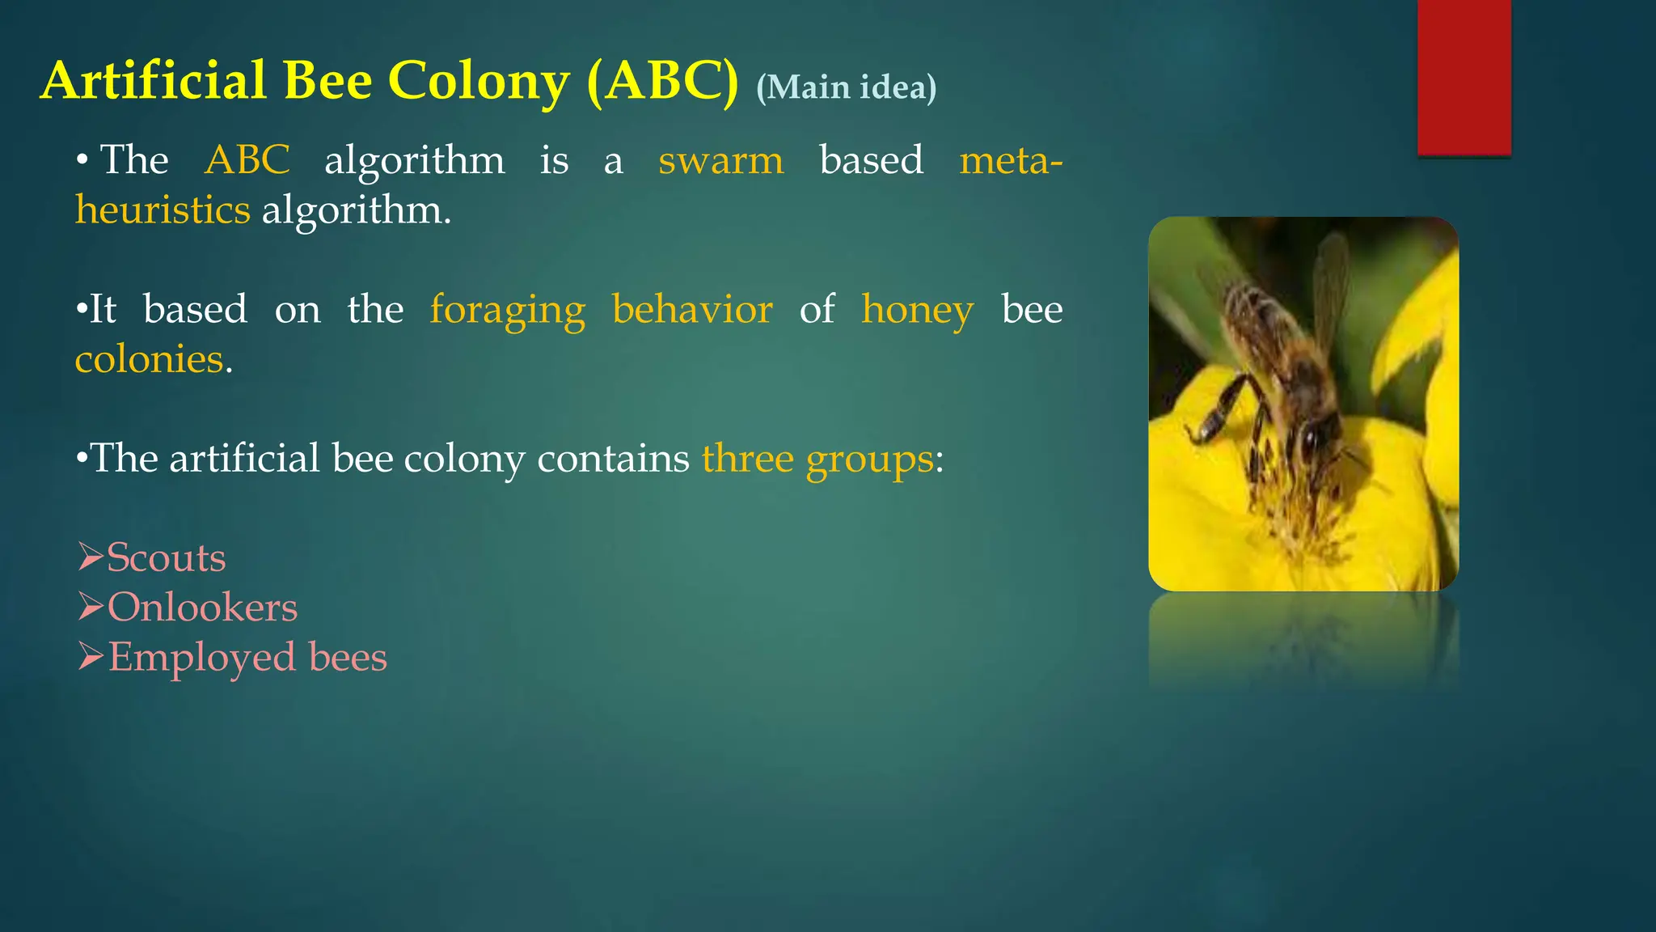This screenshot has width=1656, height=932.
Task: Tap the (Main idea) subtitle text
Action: click(846, 87)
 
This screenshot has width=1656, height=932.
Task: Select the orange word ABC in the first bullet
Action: click(247, 159)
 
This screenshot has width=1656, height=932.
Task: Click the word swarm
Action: click(720, 160)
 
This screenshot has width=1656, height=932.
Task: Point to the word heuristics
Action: click(163, 210)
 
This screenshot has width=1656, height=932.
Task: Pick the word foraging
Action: click(507, 310)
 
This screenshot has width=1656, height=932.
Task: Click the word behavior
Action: click(692, 309)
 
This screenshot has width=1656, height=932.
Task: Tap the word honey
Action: click(917, 310)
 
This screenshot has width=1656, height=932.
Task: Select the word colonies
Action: click(149, 359)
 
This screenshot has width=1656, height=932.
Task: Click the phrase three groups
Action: click(817, 459)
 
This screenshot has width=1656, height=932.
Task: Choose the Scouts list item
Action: click(166, 557)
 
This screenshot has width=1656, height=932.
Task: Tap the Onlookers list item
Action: click(202, 607)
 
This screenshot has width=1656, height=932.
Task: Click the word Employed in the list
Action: click(202, 657)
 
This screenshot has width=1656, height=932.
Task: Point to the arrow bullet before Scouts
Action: click(90, 557)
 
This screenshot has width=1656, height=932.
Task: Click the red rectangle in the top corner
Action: click(1464, 77)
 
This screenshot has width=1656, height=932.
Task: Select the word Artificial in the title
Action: click(154, 82)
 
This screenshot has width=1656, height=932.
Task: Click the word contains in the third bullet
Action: click(613, 459)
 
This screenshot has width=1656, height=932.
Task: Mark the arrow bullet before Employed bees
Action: click(90, 656)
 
